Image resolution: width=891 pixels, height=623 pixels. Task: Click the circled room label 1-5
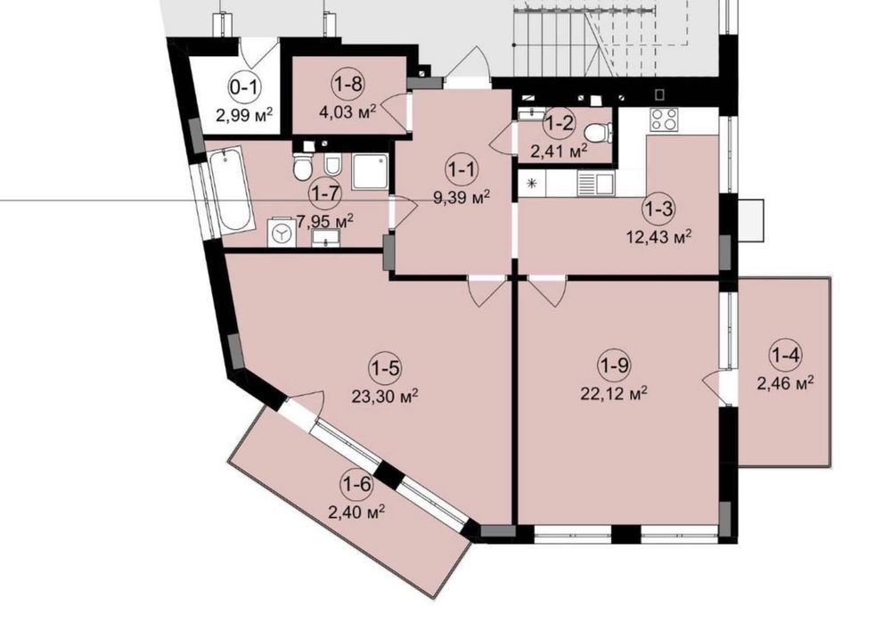385,368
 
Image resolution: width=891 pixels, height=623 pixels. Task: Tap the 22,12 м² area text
614,393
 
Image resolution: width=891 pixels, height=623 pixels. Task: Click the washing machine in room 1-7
282,232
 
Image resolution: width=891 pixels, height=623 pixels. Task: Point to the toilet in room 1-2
598,134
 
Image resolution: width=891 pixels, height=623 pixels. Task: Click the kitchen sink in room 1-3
595,183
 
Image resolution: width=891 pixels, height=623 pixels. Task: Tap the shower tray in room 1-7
370,171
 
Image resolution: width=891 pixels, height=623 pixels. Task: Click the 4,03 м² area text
348,111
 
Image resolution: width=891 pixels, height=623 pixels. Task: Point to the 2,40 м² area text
357,512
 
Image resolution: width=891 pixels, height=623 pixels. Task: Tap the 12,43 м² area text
659,234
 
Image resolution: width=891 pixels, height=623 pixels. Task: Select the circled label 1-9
615,365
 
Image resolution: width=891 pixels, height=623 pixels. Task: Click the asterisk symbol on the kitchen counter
533,183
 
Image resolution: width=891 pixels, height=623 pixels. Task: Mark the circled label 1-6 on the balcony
357,485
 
